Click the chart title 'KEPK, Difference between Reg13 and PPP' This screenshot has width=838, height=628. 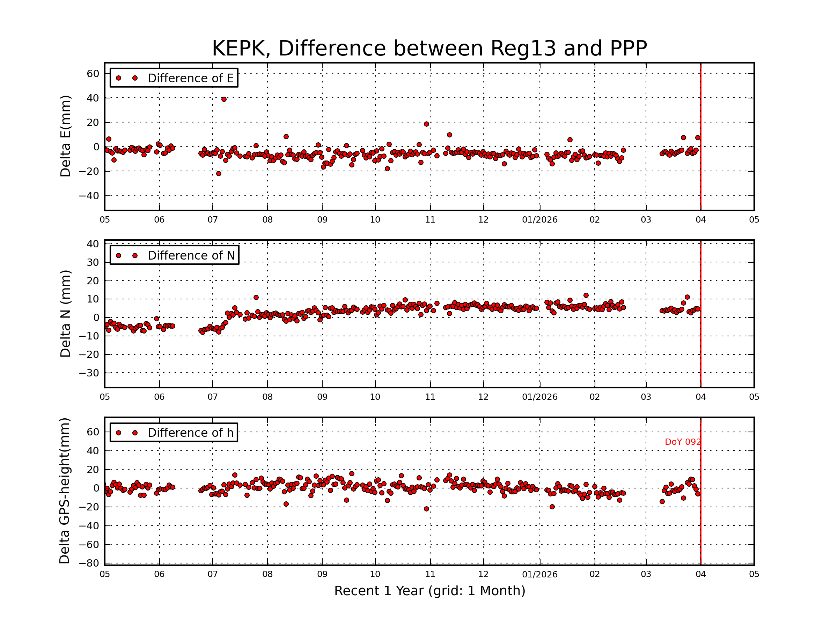(429, 48)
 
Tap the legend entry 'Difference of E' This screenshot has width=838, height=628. (190, 78)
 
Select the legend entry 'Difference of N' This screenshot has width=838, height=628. (191, 255)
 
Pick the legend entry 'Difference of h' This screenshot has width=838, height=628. (190, 433)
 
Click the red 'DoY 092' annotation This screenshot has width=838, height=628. (683, 442)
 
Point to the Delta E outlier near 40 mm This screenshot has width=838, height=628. (224, 99)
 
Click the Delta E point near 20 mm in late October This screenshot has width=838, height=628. (427, 124)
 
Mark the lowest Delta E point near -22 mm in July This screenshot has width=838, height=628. (219, 173)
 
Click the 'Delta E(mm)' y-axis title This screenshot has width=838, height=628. (65, 136)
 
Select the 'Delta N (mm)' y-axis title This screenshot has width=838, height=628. (65, 313)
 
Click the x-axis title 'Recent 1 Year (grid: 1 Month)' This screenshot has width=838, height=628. (429, 591)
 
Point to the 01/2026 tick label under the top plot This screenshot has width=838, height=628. (539, 220)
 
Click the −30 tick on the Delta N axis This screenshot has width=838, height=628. (89, 373)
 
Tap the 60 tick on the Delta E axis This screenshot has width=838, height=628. (93, 73)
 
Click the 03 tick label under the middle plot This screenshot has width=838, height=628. (646, 397)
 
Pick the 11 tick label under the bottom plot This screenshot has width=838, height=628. (430, 574)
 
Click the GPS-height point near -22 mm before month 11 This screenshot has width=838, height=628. (427, 509)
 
